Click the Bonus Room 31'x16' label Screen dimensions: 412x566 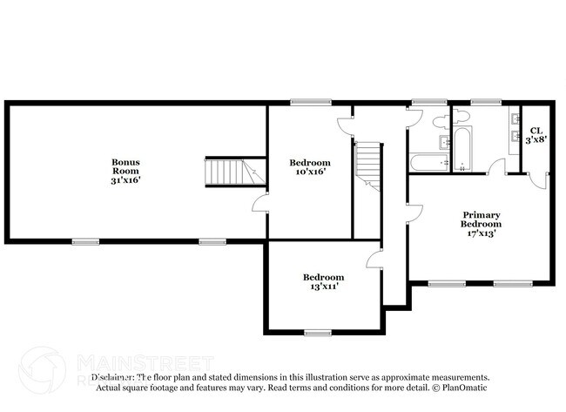tap(125, 171)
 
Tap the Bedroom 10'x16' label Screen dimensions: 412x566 tap(310, 167)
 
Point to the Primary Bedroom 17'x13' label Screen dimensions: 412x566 tap(482, 224)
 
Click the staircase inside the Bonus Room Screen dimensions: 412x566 tap(227, 172)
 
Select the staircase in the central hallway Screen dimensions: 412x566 tap(367, 165)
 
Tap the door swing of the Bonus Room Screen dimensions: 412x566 tap(258, 203)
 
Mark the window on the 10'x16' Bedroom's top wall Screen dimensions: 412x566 tap(304, 103)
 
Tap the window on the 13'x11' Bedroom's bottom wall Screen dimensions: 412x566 tap(317, 332)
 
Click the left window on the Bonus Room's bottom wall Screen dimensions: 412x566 tap(85, 241)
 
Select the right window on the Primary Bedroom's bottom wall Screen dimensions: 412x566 tap(513, 283)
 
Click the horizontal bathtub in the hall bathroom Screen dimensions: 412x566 tap(428, 161)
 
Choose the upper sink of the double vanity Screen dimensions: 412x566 tap(515, 119)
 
